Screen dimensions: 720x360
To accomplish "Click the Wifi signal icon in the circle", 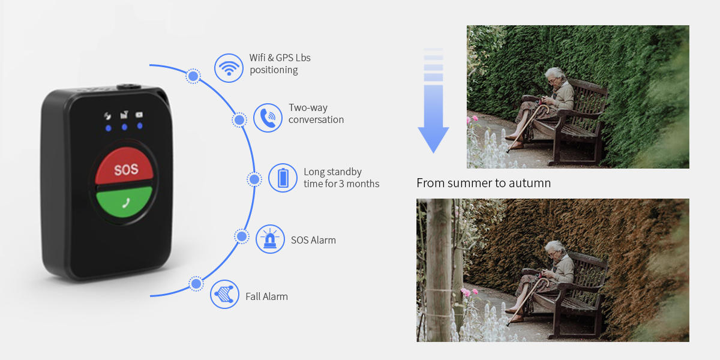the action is (x=229, y=68).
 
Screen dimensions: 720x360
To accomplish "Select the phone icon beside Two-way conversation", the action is (x=268, y=118).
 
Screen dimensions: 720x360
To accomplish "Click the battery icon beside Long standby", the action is (x=283, y=178).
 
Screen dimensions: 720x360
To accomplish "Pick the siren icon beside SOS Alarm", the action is (x=270, y=239).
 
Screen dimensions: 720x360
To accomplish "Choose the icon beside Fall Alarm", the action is (x=224, y=294).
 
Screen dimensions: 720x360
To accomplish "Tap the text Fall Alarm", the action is (x=267, y=296).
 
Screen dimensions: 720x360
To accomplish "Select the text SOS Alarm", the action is (x=313, y=240).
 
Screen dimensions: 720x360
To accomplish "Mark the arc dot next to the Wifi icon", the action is (x=193, y=76).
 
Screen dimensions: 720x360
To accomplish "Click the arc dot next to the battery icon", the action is (x=254, y=179).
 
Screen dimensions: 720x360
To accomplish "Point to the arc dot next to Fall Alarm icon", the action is (x=196, y=284).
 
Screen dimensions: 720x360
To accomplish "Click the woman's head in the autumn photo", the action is (x=555, y=250).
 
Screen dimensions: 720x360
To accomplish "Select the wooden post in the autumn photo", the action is (x=439, y=270).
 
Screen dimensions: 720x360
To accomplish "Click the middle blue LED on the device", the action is (x=124, y=127).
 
